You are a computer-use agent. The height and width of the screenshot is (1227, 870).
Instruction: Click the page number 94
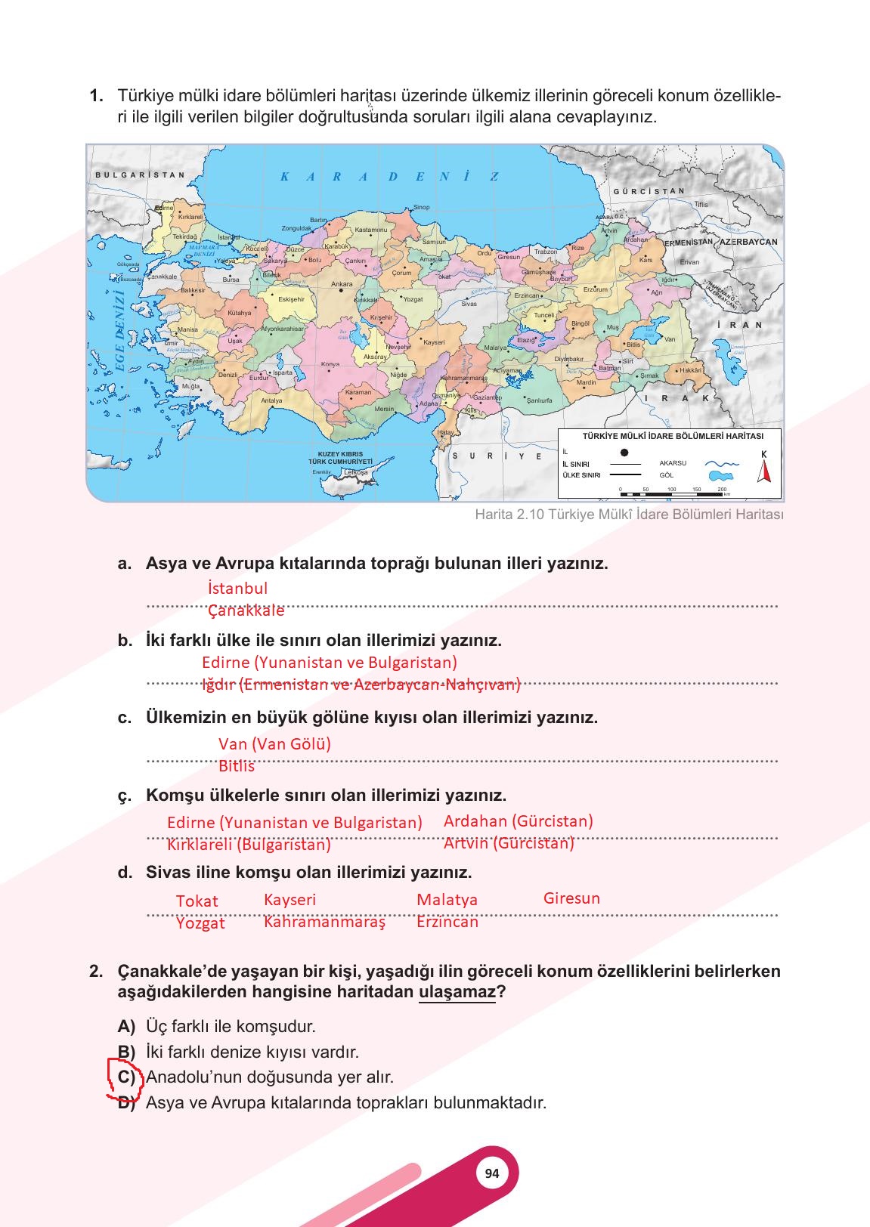(x=492, y=1173)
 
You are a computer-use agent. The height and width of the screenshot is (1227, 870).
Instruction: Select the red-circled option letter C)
(x=125, y=1077)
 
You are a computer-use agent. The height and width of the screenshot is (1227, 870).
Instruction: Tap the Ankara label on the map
(x=342, y=284)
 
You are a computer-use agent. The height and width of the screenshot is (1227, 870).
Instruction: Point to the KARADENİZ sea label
(x=389, y=177)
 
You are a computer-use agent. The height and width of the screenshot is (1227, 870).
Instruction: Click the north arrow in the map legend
(x=764, y=468)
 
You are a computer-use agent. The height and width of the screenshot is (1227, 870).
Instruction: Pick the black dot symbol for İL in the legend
(x=624, y=453)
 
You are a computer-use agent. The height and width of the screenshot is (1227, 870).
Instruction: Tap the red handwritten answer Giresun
(x=571, y=898)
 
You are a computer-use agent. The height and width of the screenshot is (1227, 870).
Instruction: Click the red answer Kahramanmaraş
(x=324, y=922)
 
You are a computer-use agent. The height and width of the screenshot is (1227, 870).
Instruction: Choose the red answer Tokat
(x=197, y=901)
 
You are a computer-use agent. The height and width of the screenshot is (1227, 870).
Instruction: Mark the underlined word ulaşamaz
(x=457, y=991)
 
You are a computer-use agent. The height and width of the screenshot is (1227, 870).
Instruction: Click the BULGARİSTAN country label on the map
(x=140, y=175)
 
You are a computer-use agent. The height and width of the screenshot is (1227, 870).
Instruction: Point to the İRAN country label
(x=740, y=325)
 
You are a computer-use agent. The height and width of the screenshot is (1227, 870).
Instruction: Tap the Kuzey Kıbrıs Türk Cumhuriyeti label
(x=340, y=458)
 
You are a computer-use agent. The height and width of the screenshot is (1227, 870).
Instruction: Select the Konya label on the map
(x=330, y=364)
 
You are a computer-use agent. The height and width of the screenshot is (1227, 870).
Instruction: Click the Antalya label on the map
(x=271, y=400)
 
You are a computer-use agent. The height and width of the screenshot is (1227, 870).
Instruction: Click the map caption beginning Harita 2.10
(x=629, y=515)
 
